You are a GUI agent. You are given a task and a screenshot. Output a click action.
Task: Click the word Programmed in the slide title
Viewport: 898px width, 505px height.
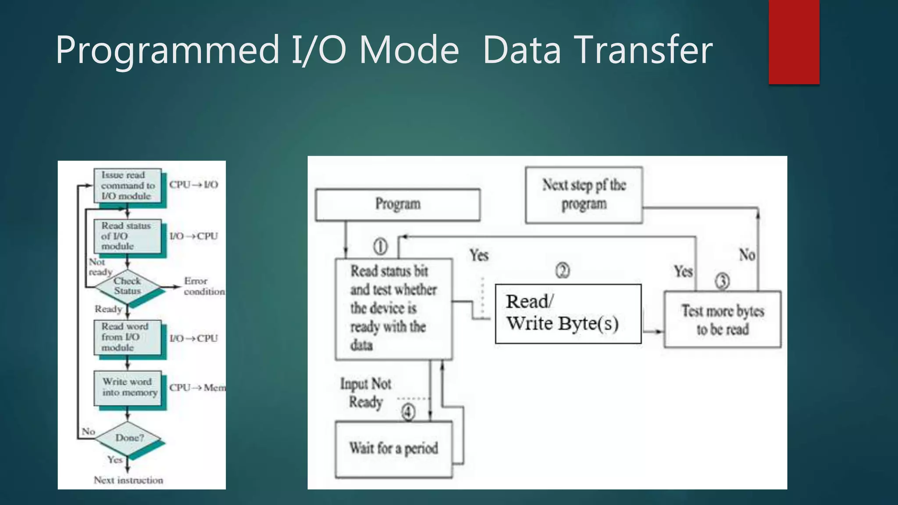tap(167, 50)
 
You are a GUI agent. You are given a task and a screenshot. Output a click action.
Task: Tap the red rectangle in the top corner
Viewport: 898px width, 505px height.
tap(794, 42)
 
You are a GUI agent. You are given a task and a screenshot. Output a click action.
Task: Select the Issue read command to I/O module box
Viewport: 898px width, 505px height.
tap(128, 186)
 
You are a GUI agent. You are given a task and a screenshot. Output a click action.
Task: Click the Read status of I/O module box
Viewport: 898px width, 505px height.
tap(128, 236)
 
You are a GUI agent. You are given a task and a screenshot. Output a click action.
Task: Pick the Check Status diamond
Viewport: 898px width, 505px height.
tap(128, 286)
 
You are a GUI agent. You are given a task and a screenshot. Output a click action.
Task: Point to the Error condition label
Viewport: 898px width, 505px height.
tap(204, 286)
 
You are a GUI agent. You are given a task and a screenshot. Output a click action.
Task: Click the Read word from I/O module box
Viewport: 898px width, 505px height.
tap(128, 337)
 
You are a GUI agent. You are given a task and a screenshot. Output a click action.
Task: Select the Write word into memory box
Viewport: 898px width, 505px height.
tap(128, 388)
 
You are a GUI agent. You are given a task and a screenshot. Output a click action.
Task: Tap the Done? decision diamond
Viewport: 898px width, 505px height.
tap(128, 438)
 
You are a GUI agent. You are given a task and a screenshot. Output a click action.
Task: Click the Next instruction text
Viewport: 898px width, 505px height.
tap(128, 480)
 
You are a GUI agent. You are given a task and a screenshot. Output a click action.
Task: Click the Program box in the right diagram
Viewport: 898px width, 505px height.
tap(398, 204)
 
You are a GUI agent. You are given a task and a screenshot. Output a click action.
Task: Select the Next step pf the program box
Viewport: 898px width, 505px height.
tap(584, 195)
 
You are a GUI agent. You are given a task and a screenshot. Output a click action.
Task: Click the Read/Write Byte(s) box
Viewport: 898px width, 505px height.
tap(568, 313)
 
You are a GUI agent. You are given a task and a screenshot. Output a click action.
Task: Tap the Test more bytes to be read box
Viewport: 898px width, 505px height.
tap(723, 320)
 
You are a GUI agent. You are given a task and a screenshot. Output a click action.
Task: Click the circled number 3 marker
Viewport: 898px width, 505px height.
tap(723, 281)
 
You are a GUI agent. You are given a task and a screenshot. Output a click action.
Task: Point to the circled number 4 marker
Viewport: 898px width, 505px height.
tap(408, 412)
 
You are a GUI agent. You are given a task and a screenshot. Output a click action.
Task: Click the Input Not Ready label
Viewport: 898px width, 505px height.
tap(366, 393)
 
